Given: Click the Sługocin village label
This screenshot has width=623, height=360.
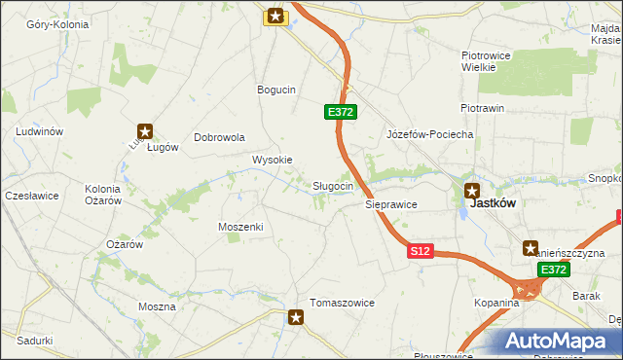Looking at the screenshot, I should pos(339,186).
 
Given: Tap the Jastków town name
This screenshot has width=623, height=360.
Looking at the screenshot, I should pos(492,204).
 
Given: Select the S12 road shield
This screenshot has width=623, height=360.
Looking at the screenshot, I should pos(420,251).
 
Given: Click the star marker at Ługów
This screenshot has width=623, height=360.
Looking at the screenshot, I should pos(145,130).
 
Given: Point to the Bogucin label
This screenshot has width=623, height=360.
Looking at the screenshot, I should pos(275,90).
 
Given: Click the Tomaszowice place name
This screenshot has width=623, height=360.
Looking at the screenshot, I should pos(342,303).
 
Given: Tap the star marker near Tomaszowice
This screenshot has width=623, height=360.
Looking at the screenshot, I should pos(297,316).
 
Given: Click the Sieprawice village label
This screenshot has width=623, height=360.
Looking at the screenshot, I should pos(391,205).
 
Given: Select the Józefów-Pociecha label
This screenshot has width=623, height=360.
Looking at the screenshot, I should pos(429,134).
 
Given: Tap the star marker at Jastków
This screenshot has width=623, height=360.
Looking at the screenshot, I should pos(472,191).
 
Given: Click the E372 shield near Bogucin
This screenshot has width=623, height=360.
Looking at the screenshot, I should pos(340,113).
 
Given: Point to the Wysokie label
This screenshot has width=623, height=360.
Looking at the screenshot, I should pos(272,160).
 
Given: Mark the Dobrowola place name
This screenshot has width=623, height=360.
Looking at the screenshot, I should pos(219,137).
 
